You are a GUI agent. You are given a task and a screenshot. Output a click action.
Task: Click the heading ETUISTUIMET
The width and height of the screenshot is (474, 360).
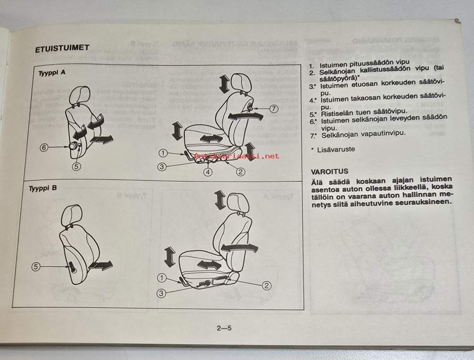[62, 48]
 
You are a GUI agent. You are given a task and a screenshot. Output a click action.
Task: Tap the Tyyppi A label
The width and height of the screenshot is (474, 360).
[52, 73]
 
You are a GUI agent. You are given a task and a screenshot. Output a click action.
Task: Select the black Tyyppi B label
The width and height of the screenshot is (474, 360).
[43, 188]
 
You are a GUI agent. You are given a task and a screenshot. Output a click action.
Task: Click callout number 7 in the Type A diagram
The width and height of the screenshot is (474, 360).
[273, 108]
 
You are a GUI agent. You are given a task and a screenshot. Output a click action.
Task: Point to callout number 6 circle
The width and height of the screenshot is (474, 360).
[44, 147]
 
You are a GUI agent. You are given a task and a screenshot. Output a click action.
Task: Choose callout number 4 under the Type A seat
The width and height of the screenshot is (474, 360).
[208, 172]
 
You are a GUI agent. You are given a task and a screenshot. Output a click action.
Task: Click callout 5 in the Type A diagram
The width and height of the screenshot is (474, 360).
[76, 166]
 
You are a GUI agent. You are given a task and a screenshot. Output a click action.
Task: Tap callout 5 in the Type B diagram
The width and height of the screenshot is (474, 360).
[36, 267]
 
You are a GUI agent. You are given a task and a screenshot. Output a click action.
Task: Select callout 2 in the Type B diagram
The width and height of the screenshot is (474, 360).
[266, 285]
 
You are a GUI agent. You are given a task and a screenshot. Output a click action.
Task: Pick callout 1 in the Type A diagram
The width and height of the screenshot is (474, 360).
[163, 153]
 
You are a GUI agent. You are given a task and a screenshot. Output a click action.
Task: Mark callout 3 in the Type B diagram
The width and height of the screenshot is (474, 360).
[161, 293]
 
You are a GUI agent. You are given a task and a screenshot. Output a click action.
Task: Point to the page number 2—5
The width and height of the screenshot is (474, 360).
[224, 328]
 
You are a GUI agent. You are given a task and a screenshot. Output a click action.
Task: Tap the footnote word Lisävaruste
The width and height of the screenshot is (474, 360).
[336, 149]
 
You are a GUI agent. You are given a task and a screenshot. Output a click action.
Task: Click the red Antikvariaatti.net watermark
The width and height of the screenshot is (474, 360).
[236, 156]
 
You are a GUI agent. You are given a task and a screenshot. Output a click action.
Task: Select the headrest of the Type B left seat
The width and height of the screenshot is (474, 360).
[72, 216]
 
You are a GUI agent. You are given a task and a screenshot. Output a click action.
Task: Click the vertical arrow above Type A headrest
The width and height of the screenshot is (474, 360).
[224, 84]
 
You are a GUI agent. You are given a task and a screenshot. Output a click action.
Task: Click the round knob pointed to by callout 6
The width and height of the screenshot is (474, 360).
[73, 146]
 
